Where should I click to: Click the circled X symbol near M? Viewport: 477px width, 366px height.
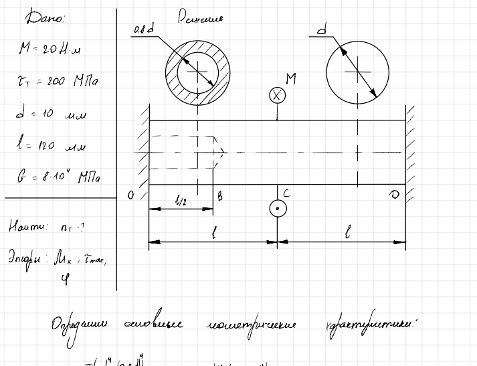point(277,95)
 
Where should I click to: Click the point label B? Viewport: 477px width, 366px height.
point(219,195)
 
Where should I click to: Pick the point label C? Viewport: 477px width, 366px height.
point(286,194)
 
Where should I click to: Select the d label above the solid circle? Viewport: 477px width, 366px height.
point(322,29)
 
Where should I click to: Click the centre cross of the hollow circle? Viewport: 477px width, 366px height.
point(197,69)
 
